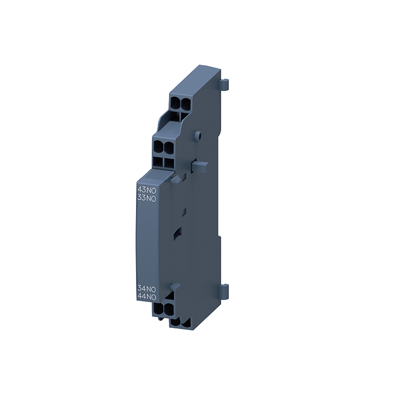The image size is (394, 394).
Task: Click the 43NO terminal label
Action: tap(147, 190)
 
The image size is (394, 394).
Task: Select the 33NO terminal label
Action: tap(147, 198)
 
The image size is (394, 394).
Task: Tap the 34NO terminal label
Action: tap(147, 289)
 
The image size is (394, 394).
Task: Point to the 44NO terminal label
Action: tap(147, 297)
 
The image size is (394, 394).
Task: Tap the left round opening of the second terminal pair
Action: tap(158, 146)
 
